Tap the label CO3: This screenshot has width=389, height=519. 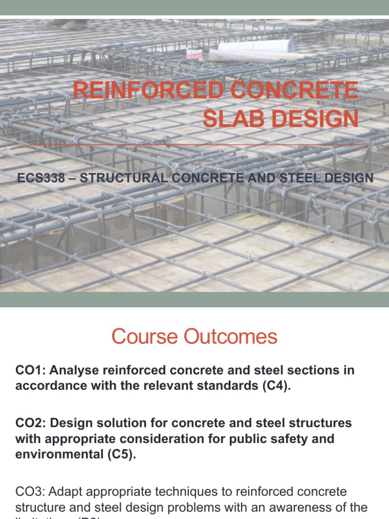[x=30, y=492]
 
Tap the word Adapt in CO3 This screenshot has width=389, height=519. [x=64, y=492]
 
